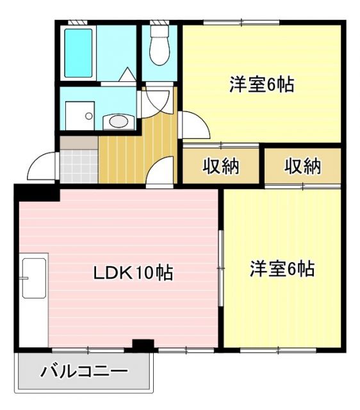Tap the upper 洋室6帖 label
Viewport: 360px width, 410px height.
pyautogui.click(x=261, y=85)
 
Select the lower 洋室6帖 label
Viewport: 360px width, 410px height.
pyautogui.click(x=281, y=268)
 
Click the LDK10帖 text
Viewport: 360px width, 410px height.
pyautogui.click(x=133, y=274)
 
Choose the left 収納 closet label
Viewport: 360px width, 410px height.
pyautogui.click(x=221, y=167)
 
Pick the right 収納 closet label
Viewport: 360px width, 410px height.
pyautogui.click(x=302, y=167)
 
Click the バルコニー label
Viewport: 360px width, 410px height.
pyautogui.click(x=84, y=371)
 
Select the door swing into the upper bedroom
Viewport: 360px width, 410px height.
pyautogui.click(x=193, y=125)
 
